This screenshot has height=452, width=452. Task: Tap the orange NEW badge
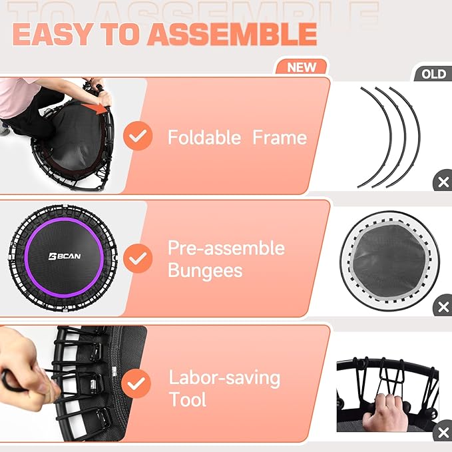coord(301,67)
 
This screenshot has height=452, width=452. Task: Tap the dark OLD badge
coord(434,73)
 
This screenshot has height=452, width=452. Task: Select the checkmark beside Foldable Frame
coord(139,136)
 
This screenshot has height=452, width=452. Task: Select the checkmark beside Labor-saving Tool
coord(139,384)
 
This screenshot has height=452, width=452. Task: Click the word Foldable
coord(204,138)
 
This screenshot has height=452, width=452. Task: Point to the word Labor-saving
coord(224,378)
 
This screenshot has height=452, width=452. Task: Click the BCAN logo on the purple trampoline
coord(62,255)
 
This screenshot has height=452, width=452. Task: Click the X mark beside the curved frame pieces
coord(443,182)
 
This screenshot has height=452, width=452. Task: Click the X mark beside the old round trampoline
coord(443,308)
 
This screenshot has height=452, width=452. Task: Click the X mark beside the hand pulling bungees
coord(443,433)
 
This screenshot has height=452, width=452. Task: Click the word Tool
coord(188,399)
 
